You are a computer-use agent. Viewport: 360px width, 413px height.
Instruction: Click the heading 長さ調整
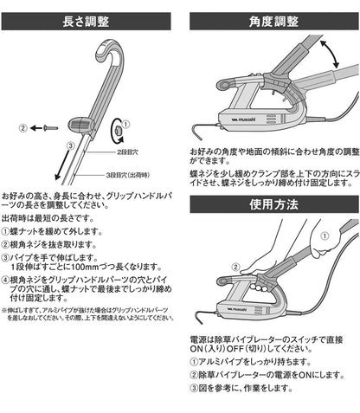(x=91, y=19)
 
